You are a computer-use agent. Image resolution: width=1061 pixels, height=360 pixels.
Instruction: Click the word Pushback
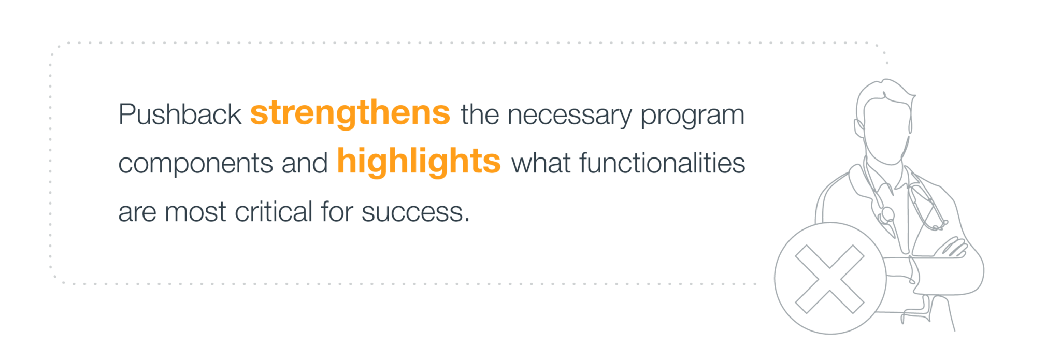coord(180,114)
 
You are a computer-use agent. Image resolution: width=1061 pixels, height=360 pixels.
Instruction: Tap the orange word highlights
coord(419,162)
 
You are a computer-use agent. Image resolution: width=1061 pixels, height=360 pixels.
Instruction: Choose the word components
coord(195,164)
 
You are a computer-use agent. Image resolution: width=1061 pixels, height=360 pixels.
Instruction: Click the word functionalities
coord(662,163)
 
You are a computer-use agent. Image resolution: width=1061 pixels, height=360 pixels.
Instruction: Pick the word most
coord(195,212)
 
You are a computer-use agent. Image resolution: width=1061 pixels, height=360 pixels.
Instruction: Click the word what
coord(541,163)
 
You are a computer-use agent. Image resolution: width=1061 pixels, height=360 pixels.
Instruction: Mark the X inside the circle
coord(829,279)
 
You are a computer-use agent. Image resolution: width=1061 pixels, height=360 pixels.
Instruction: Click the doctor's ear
coord(858,127)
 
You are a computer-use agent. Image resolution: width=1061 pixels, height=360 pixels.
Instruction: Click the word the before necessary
coord(480,114)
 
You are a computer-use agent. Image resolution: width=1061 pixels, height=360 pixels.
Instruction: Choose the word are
coord(137,213)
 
